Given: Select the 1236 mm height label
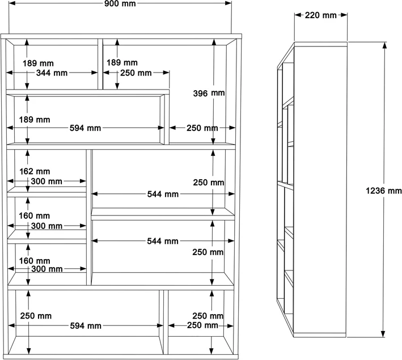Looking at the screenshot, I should coord(384,191).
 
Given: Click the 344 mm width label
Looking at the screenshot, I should coord(52,73).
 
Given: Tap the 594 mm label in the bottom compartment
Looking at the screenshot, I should coord(85,325).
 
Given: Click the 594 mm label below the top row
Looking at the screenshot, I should coord(85,128).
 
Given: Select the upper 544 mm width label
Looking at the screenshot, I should coord(163,194).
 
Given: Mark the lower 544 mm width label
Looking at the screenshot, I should coord(163,241).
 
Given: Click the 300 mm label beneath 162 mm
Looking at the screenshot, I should coord(46,181).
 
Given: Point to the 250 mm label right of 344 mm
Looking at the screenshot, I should coord(136,73).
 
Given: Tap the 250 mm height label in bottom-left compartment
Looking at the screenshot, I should coord(36,316).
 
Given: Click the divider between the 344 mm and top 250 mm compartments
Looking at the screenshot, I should coord(100,63).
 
